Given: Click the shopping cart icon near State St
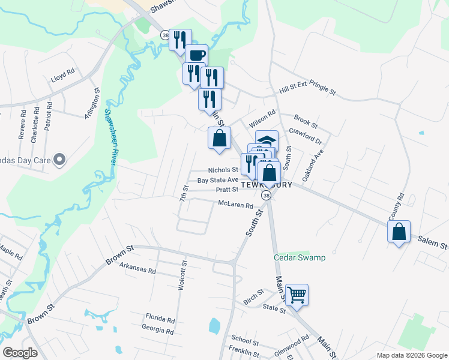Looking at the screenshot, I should (297, 295).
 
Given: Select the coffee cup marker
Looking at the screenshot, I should (196, 56).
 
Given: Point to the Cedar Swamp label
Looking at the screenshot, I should (300, 258).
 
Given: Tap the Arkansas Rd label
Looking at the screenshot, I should (137, 268).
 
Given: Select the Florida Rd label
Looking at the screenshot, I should (160, 320).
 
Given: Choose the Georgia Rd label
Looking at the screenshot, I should (158, 331).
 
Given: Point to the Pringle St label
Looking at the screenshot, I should (323, 88).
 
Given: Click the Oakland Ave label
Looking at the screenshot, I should (313, 166).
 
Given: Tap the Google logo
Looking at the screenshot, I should (20, 353).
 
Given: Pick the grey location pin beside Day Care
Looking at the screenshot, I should (58, 160).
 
